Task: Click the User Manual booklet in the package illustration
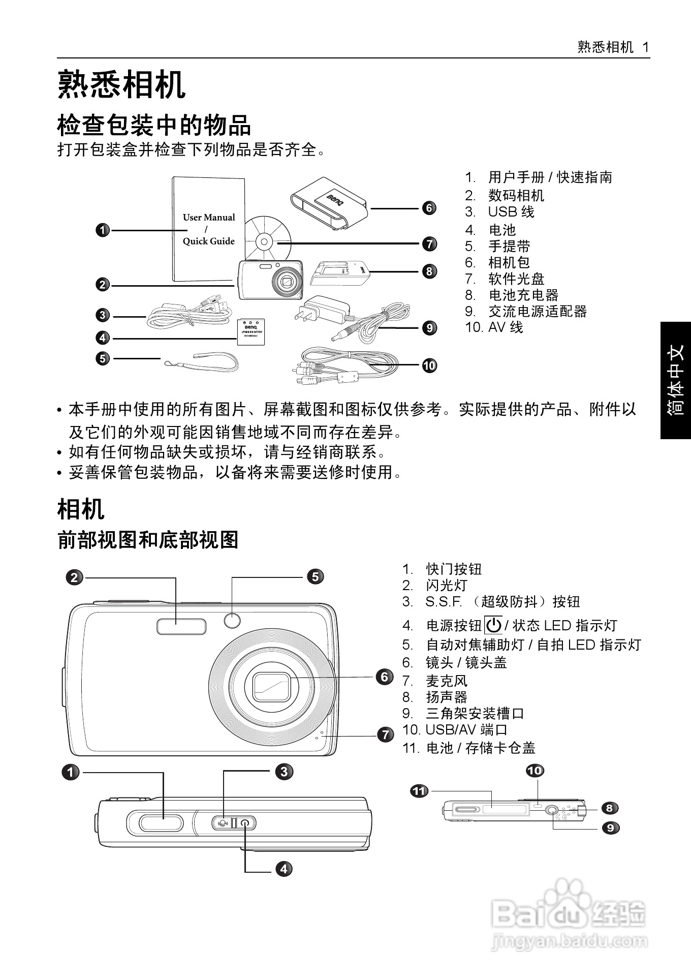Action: tap(208, 229)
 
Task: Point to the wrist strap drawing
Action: tap(203, 361)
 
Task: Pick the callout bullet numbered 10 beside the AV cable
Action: tap(429, 365)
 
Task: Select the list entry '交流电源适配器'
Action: tap(537, 311)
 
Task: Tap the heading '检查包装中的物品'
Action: tap(154, 125)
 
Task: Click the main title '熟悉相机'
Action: tap(121, 85)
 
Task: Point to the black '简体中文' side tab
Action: tap(676, 380)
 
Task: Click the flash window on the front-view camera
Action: tap(181, 627)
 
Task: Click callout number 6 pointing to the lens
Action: tap(385, 677)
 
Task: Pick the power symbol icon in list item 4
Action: tap(493, 625)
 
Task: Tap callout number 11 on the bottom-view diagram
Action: tap(419, 791)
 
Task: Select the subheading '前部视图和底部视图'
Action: tap(148, 540)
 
